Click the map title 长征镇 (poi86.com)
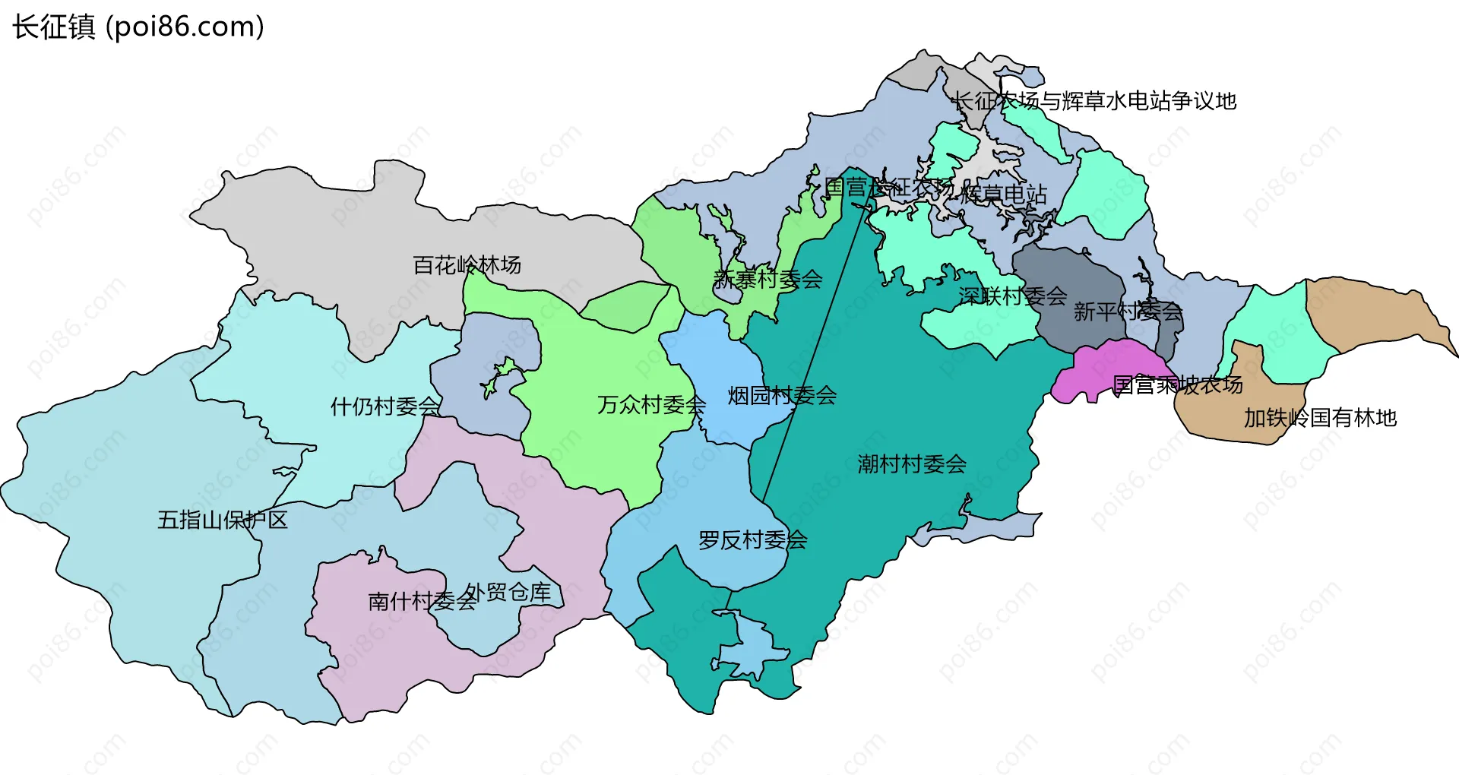[x=138, y=27]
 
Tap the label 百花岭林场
[x=467, y=265]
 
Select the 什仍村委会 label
[x=385, y=406]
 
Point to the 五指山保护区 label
[x=222, y=520]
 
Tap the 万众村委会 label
[x=651, y=405]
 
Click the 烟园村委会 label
[x=782, y=395]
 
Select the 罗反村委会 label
[x=752, y=540]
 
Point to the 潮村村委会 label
[x=912, y=463]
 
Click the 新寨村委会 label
[x=767, y=280]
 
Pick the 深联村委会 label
[x=1012, y=296]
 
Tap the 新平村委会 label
[x=1128, y=311]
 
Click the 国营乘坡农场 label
[x=1177, y=385]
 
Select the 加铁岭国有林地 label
[x=1320, y=418]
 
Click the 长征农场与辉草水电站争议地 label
[x=1094, y=101]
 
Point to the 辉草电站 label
[x=1003, y=195]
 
